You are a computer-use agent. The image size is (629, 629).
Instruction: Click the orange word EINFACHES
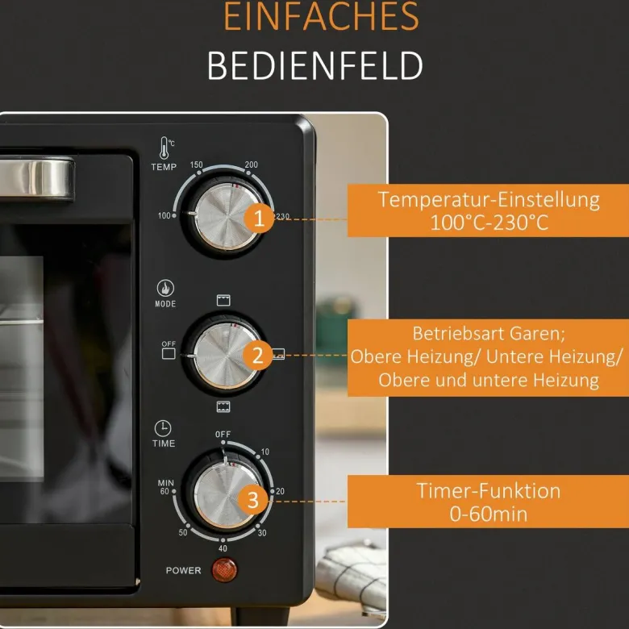pyautogui.click(x=321, y=16)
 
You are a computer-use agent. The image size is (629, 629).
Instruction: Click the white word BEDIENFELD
pyautogui.click(x=314, y=66)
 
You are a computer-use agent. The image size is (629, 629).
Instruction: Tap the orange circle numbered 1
pyautogui.click(x=259, y=219)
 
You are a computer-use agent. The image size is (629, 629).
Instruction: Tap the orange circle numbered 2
pyautogui.click(x=257, y=356)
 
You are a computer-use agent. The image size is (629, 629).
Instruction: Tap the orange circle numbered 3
pyautogui.click(x=252, y=500)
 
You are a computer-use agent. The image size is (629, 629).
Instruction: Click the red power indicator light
pyautogui.click(x=224, y=569)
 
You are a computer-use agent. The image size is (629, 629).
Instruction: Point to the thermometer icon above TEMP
pyautogui.click(x=165, y=148)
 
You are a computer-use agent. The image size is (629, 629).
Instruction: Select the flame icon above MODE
pyautogui.click(x=165, y=288)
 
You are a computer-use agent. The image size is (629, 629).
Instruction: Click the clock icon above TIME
pyautogui.click(x=163, y=428)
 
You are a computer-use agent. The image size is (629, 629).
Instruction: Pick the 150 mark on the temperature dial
pyautogui.click(x=196, y=165)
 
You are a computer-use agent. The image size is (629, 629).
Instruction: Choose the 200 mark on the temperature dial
pyautogui.click(x=251, y=165)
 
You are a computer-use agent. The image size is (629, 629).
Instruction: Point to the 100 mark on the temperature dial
pyautogui.click(x=164, y=216)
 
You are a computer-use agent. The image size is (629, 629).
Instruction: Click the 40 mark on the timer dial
pyautogui.click(x=223, y=548)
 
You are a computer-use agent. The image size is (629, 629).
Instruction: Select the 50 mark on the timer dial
pyautogui.click(x=183, y=533)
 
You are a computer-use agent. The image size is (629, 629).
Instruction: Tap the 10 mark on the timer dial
pyautogui.click(x=265, y=452)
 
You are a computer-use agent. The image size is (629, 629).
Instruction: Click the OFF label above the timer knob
pyautogui.click(x=223, y=435)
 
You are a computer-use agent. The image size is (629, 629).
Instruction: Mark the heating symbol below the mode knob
pyautogui.click(x=223, y=406)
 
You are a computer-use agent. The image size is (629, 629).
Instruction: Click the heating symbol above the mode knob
pyautogui.click(x=223, y=300)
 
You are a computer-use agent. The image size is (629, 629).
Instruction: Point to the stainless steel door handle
pyautogui.click(x=36, y=178)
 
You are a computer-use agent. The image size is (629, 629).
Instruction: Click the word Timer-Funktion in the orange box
pyautogui.click(x=488, y=490)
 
